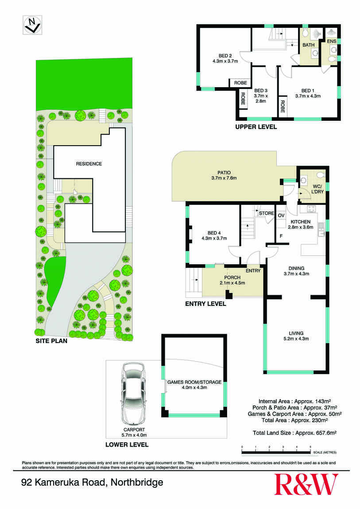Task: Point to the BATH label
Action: [308, 45]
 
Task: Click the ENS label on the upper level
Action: [332, 41]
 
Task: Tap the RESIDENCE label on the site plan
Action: [89, 164]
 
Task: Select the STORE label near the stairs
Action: [266, 213]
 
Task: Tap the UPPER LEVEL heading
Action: [256, 127]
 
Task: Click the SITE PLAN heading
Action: [49, 341]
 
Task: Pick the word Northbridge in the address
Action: [137, 482]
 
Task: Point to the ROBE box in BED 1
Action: [282, 108]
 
